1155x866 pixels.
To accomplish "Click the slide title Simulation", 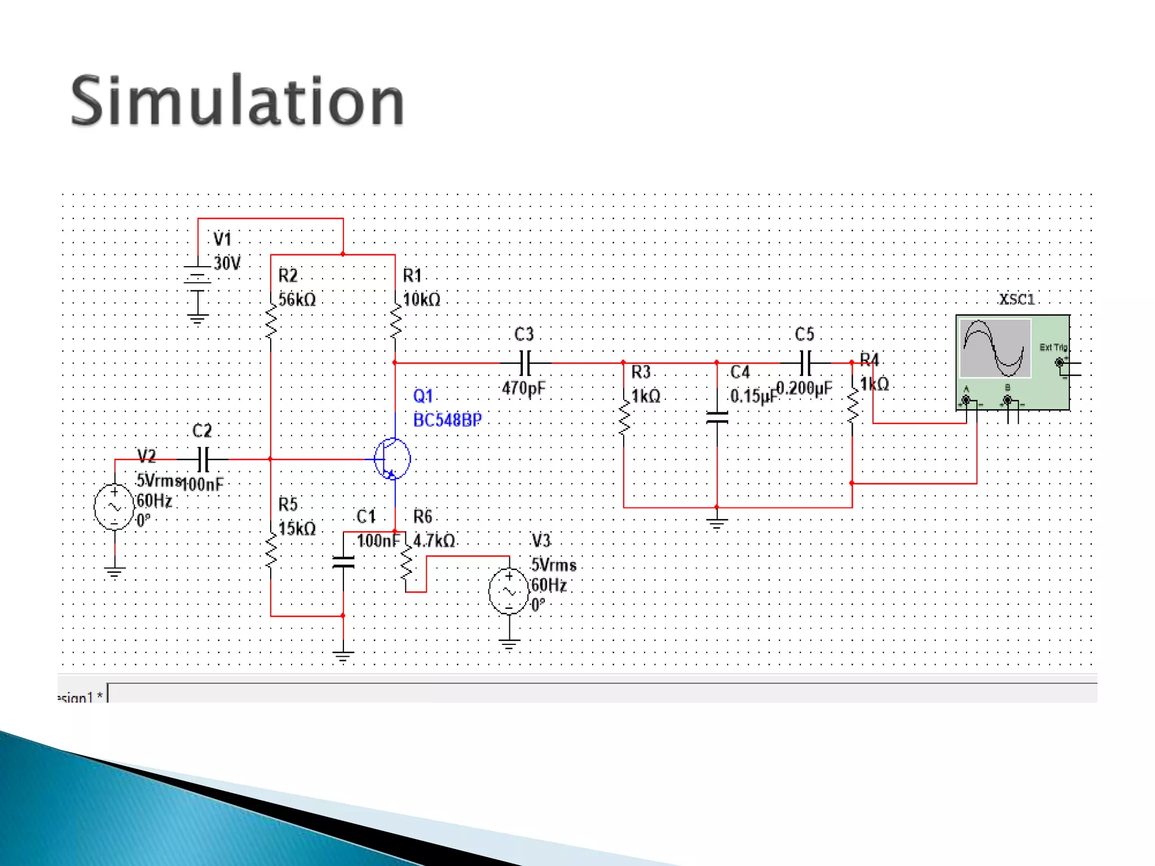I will pyautogui.click(x=237, y=101).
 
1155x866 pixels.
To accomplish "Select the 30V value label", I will pyautogui.click(x=227, y=263).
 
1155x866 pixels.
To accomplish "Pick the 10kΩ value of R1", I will pyautogui.click(x=422, y=299).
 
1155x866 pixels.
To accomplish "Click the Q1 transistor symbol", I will pyautogui.click(x=393, y=458).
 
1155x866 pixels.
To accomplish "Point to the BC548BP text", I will pyautogui.click(x=447, y=420).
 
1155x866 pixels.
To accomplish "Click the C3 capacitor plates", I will pyautogui.click(x=525, y=363).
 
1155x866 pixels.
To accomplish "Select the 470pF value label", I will pyautogui.click(x=524, y=388).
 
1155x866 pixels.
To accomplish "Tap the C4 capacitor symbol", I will pyautogui.click(x=717, y=417).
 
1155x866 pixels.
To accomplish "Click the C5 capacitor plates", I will pyautogui.click(x=806, y=363).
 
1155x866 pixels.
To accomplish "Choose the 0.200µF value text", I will pyautogui.click(x=804, y=388).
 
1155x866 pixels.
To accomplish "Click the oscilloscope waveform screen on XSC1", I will pyautogui.click(x=995, y=348).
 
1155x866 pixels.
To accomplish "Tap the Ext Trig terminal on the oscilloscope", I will pyautogui.click(x=1059, y=363).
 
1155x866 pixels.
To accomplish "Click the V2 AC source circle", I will pyautogui.click(x=114, y=506).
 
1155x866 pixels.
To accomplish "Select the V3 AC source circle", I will pyautogui.click(x=509, y=591).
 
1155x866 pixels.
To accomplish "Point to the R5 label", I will pyautogui.click(x=288, y=503).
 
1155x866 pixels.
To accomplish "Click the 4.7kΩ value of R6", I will pyautogui.click(x=434, y=541).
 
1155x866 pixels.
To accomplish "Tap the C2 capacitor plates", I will pyautogui.click(x=204, y=459).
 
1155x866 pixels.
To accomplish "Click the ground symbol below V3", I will pyautogui.click(x=509, y=644).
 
